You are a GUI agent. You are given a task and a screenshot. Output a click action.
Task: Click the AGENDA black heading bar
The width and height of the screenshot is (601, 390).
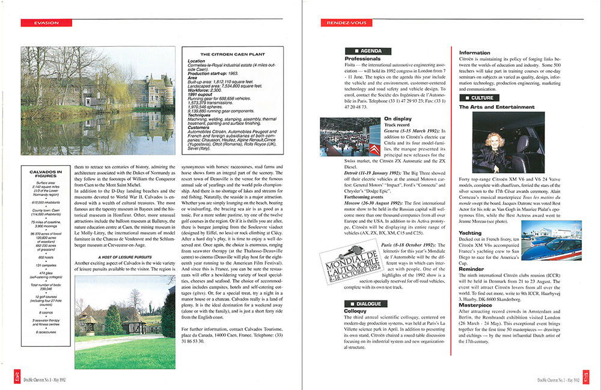coord(367,51)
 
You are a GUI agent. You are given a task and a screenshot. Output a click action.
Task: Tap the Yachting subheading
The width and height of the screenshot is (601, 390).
coord(471,232)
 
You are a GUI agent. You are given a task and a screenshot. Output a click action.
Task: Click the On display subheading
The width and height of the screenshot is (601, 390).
coord(397,119)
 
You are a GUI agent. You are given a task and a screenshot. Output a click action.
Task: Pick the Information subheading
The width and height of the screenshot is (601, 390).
coord(475,53)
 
